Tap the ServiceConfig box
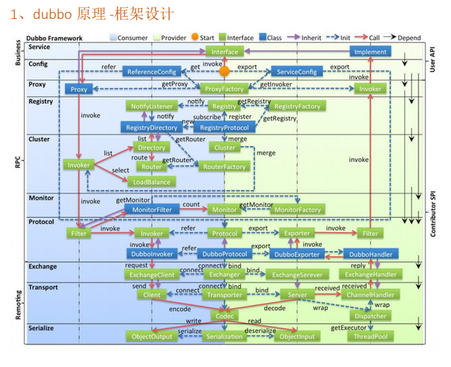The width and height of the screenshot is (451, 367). tap(294, 72)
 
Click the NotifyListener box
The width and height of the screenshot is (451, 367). tap(152, 106)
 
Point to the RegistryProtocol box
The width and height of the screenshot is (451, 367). tap(224, 127)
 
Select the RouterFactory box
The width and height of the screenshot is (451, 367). tap(224, 166)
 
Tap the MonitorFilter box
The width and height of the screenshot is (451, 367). tap(151, 210)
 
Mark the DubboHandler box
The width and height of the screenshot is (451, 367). tap(370, 254)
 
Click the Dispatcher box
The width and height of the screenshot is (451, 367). tap(369, 316)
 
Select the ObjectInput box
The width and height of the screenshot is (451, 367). tap(297, 336)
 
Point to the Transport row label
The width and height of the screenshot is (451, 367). tap(44, 287)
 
